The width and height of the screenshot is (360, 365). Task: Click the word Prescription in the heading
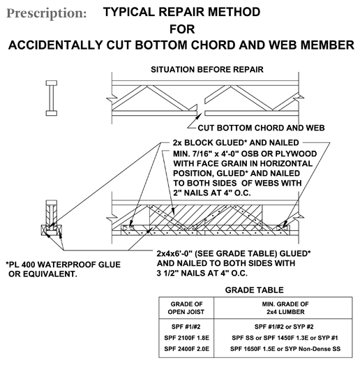pyautogui.click(x=47, y=13)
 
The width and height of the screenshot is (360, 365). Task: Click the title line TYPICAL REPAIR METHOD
pyautogui.click(x=182, y=12)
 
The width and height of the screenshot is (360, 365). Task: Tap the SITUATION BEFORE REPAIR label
pyautogui.click(x=207, y=69)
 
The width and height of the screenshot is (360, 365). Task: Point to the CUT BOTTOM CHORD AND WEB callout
pyautogui.click(x=261, y=128)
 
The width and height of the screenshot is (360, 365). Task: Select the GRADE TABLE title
pyautogui.click(x=255, y=290)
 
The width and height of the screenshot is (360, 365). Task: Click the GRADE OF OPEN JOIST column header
pyautogui.click(x=186, y=308)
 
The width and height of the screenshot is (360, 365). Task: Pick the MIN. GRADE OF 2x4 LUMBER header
pyautogui.click(x=285, y=308)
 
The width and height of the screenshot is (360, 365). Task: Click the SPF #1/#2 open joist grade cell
pyautogui.click(x=186, y=327)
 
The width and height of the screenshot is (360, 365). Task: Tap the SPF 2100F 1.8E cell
pyautogui.click(x=187, y=338)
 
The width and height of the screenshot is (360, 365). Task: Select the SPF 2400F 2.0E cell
pyautogui.click(x=187, y=349)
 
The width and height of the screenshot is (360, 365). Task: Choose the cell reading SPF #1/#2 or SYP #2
pyautogui.click(x=284, y=327)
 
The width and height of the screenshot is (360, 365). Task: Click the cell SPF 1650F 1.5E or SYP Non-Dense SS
pyautogui.click(x=285, y=349)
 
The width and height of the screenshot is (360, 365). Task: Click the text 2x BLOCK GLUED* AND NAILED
pyautogui.click(x=236, y=142)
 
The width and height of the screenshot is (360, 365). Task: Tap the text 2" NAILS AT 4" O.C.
pyautogui.click(x=212, y=193)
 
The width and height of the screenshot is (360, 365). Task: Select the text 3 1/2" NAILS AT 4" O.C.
pyautogui.click(x=202, y=273)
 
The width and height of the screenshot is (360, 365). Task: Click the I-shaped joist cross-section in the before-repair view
pyautogui.click(x=52, y=98)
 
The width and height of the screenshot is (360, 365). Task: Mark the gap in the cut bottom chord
pyautogui.click(x=201, y=113)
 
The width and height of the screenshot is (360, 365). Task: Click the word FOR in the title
pyautogui.click(x=182, y=29)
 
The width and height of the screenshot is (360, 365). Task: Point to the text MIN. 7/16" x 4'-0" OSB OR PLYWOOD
pyautogui.click(x=245, y=154)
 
